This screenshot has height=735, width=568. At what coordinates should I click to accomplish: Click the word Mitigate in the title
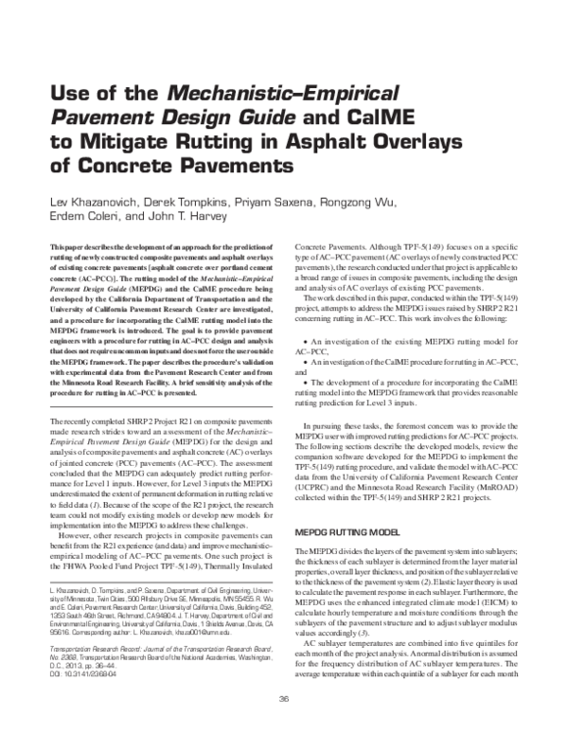[x=108, y=143]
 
